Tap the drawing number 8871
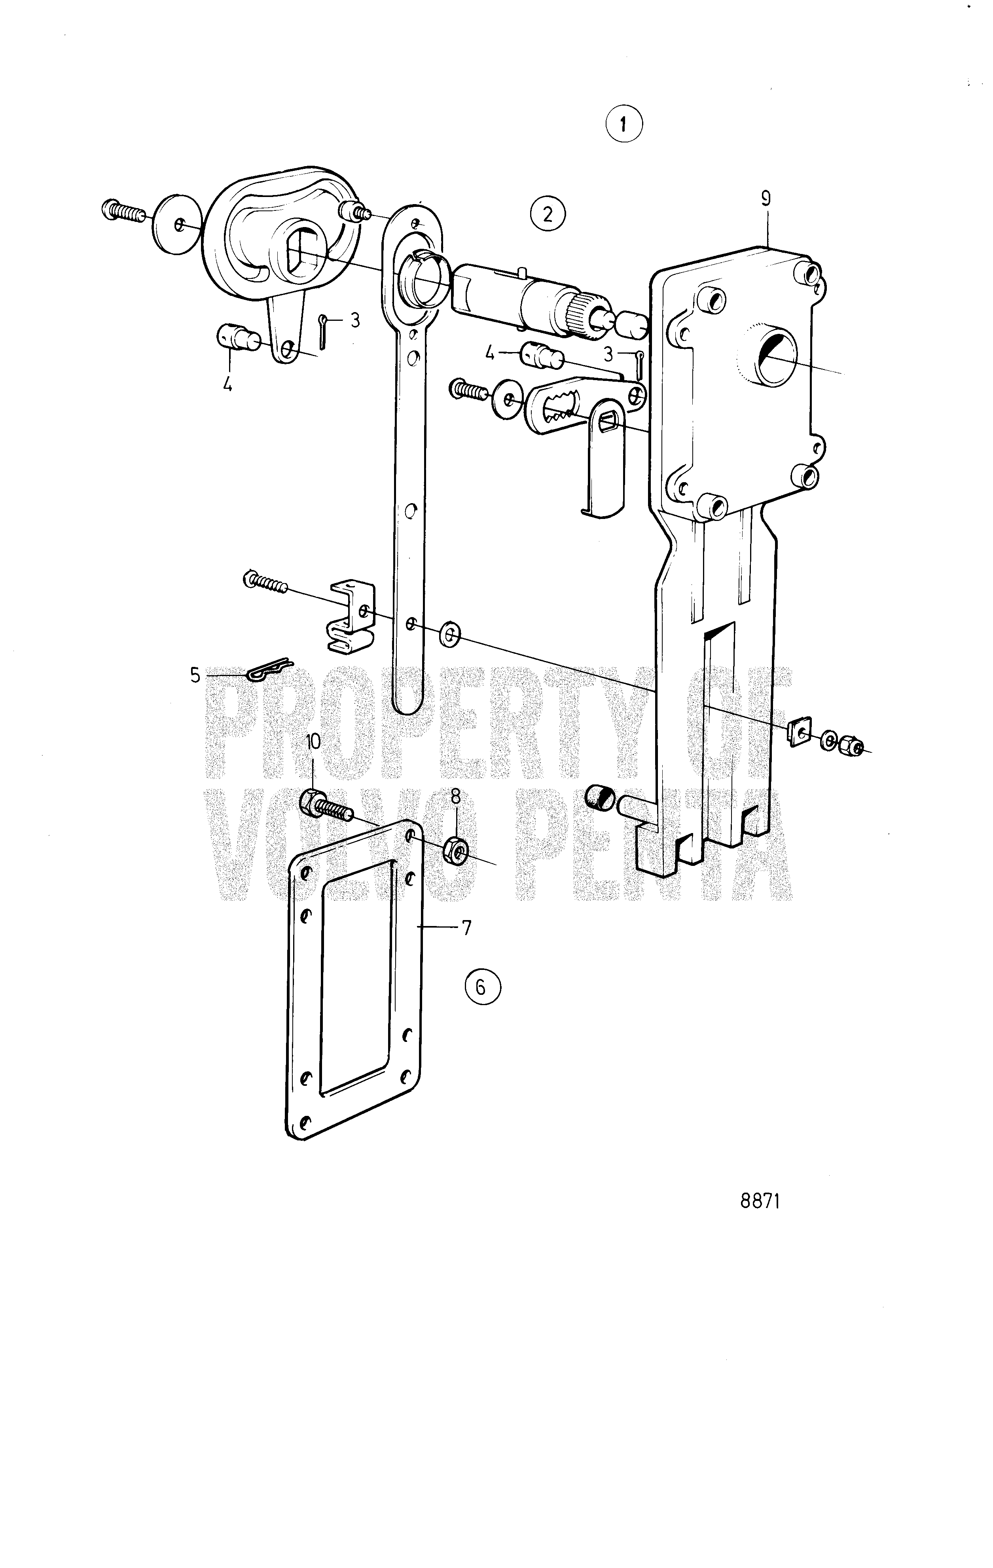760,1201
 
